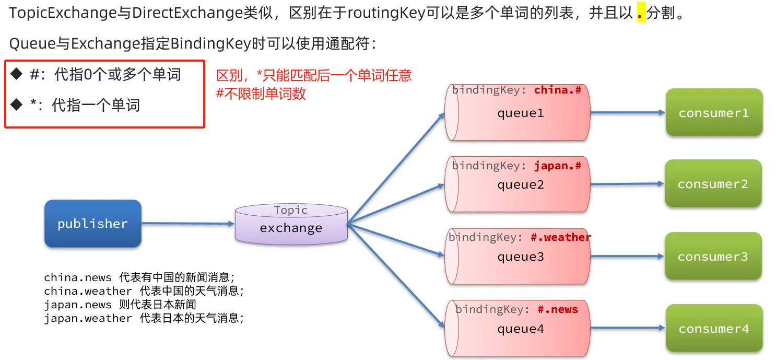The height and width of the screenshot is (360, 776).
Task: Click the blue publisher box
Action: tap(92, 224)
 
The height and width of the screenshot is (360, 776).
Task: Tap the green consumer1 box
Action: tap(713, 113)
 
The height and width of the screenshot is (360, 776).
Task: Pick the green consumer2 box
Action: tap(713, 184)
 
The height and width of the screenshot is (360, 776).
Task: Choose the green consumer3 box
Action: tap(713, 257)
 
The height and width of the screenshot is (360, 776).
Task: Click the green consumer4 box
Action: tap(713, 329)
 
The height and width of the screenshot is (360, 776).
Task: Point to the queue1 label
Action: tap(520, 113)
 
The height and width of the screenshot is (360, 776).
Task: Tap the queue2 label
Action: tap(520, 184)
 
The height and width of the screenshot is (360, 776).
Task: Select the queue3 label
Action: tap(520, 257)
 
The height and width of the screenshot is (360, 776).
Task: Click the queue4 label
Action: tap(520, 329)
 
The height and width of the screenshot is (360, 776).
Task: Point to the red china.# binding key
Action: tap(557, 90)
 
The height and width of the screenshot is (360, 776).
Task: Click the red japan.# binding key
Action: tap(557, 166)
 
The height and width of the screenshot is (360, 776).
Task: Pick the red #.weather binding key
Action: tap(560, 237)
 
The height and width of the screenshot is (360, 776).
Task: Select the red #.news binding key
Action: tap(557, 309)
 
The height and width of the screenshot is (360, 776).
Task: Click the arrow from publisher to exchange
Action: tap(188, 224)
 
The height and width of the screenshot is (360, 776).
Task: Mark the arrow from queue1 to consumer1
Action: tap(627, 112)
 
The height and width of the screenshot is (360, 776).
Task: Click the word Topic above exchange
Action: tap(291, 210)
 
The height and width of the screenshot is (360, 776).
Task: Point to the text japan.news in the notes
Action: tap(77, 305)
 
